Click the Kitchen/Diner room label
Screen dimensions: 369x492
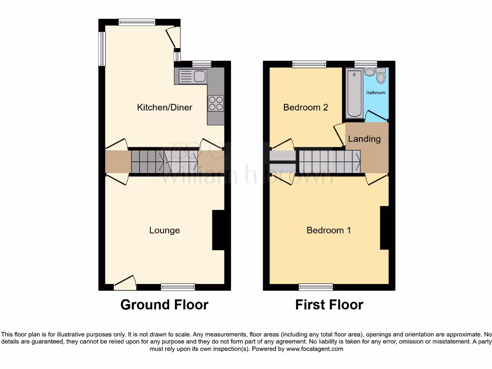tap(164, 107)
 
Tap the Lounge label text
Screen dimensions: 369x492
tap(164, 230)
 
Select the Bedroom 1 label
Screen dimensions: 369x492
tap(329, 230)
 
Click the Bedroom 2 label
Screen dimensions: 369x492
tap(306, 107)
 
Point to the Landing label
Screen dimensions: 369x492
tap(364, 139)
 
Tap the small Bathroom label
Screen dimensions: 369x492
tap(376, 92)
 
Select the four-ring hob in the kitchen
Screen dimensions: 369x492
tap(215, 103)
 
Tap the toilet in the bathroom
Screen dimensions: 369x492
tap(381, 76)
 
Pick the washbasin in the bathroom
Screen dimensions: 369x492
tap(369, 72)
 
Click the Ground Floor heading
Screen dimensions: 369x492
tap(164, 305)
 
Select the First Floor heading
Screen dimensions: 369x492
tap(329, 305)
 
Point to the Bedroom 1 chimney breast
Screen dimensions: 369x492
tap(384, 228)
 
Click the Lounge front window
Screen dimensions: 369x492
tap(178, 287)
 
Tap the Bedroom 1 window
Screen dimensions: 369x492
tap(316, 287)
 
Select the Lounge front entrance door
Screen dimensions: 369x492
tap(124, 283)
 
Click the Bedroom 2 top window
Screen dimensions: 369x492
tap(309, 64)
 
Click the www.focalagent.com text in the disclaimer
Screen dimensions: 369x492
tap(314, 349)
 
